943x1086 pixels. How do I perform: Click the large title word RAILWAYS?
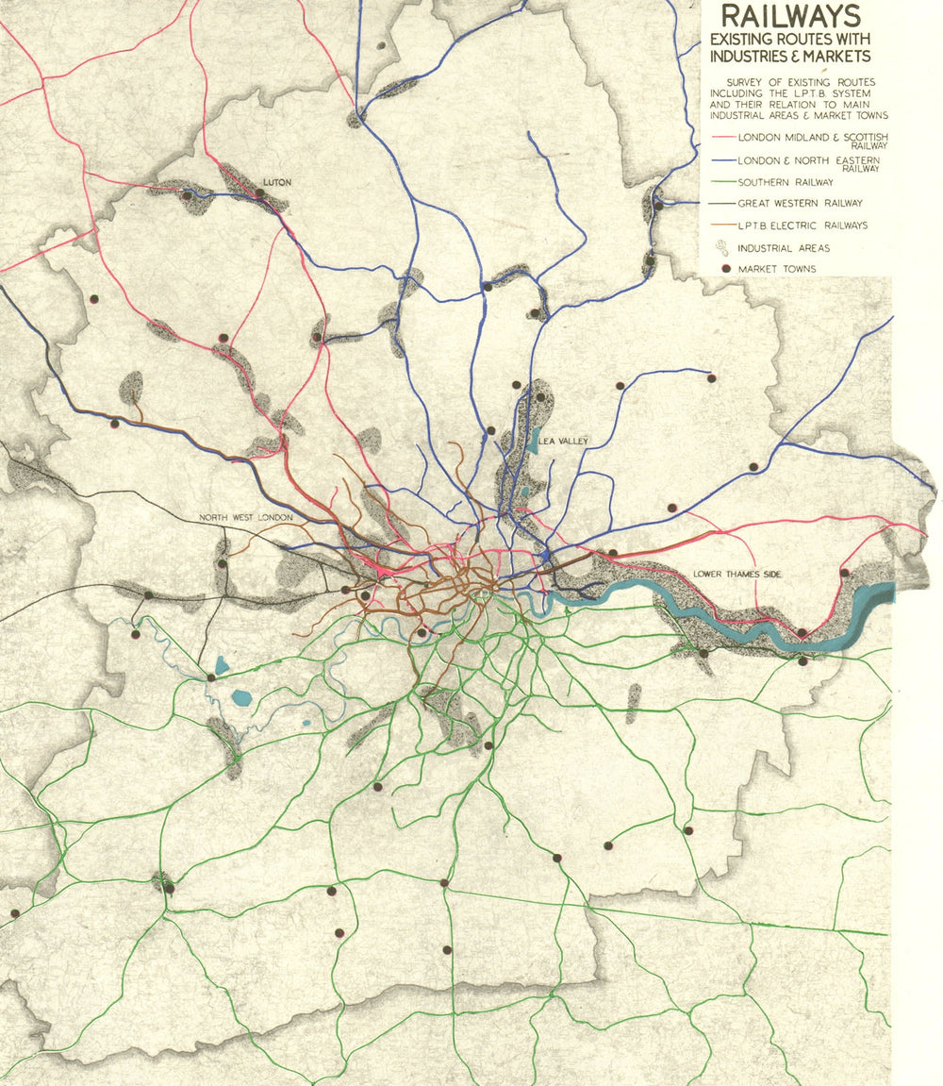[x=789, y=16]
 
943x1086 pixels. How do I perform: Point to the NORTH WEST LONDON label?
[x=244, y=518]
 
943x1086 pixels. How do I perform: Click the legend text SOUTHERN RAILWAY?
[x=786, y=182]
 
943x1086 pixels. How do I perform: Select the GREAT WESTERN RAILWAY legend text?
[x=800, y=203]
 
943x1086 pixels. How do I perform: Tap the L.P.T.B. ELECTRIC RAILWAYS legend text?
[x=802, y=226]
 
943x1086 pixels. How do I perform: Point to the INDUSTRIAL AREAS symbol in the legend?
[x=723, y=248]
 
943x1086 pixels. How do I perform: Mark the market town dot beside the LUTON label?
[x=259, y=192]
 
